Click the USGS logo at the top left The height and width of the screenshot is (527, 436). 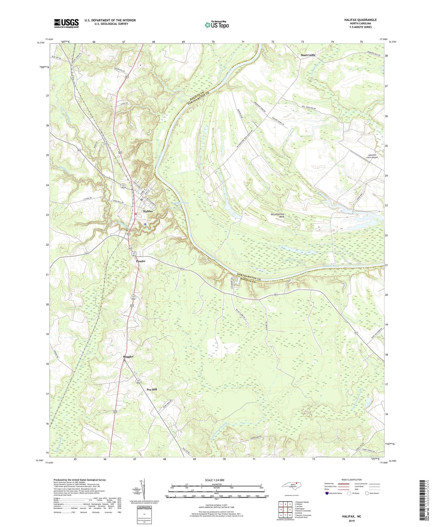click(66, 23)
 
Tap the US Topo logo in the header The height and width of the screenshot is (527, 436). click(217, 25)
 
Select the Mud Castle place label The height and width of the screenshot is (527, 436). click(308, 55)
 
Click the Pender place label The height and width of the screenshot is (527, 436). click(141, 261)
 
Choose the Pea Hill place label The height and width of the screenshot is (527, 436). click(152, 390)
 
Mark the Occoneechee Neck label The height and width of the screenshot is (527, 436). click(278, 215)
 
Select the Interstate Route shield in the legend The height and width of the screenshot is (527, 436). click(327, 493)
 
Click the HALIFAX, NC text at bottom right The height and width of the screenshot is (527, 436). click(351, 516)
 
